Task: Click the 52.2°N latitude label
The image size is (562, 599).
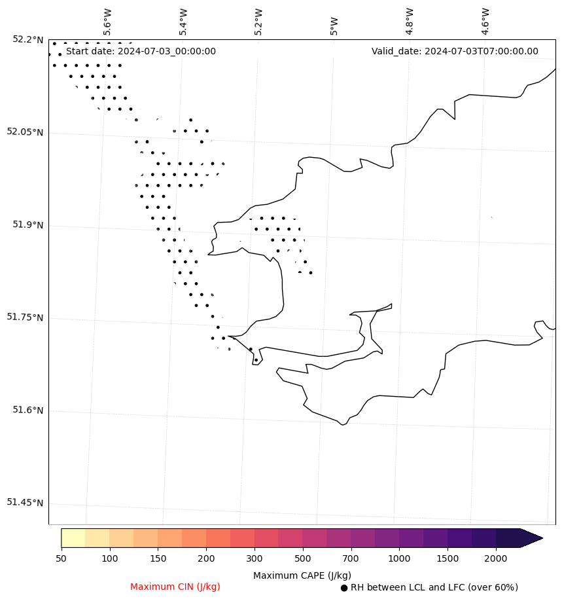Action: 28,39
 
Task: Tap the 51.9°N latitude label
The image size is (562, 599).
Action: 28,225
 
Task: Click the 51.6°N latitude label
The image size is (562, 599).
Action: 28,410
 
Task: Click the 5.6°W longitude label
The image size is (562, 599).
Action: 108,22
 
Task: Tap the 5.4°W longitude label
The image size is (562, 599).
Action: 184,22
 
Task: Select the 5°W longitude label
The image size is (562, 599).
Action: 334,26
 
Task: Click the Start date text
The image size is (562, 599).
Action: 141,52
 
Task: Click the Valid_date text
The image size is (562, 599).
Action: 455,52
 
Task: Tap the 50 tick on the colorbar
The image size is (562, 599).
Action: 61,558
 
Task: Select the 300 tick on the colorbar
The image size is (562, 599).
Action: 255,558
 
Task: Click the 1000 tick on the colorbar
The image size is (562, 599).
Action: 399,558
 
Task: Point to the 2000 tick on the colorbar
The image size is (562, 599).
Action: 496,558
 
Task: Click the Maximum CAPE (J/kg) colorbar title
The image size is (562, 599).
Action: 302,575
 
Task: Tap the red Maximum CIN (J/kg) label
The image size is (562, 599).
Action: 175,587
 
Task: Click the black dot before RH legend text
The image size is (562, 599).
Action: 344,588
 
